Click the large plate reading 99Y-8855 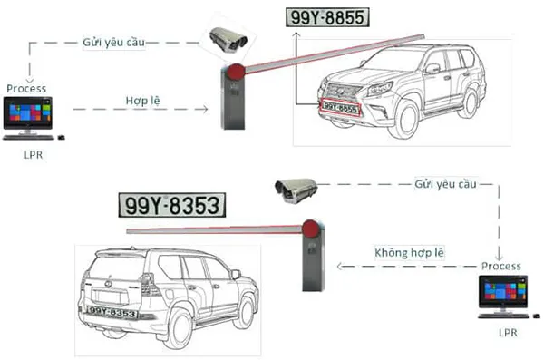click(328, 17)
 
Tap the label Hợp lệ click(142, 98)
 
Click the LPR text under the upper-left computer click(32, 155)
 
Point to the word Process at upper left click(26, 88)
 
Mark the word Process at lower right click(501, 266)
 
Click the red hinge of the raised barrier click(237, 71)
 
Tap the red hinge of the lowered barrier click(311, 229)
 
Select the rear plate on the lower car click(112, 314)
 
